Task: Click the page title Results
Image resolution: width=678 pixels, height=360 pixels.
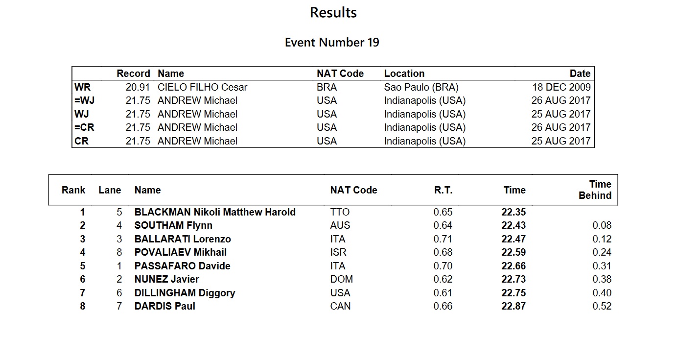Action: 333,13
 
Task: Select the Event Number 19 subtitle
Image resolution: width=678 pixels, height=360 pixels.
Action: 332,43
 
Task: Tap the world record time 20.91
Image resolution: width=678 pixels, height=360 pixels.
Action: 138,87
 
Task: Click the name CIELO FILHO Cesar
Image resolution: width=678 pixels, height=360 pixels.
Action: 202,87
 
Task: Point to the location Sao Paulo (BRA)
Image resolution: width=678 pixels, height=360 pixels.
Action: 421,87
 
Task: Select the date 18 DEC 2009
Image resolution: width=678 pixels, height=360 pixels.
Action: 561,87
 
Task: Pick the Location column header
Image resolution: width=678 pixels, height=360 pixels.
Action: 404,73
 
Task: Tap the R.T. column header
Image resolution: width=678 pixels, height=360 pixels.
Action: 443,190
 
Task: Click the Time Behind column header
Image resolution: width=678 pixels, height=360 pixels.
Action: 595,190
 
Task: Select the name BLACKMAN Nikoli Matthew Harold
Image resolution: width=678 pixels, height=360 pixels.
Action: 215,212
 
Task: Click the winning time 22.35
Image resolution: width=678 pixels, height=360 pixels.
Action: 514,212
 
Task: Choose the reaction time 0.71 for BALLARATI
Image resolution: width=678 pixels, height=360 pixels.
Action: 443,239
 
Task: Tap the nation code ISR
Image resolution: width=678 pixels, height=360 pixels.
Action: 338,252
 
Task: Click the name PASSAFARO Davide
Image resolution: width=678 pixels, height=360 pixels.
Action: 182,266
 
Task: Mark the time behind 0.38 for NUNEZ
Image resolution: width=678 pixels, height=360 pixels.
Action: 602,279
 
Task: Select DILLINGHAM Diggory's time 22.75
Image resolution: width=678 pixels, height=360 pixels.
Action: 514,293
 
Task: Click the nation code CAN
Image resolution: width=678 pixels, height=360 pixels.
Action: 340,306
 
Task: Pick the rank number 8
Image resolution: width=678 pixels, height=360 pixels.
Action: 82,306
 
